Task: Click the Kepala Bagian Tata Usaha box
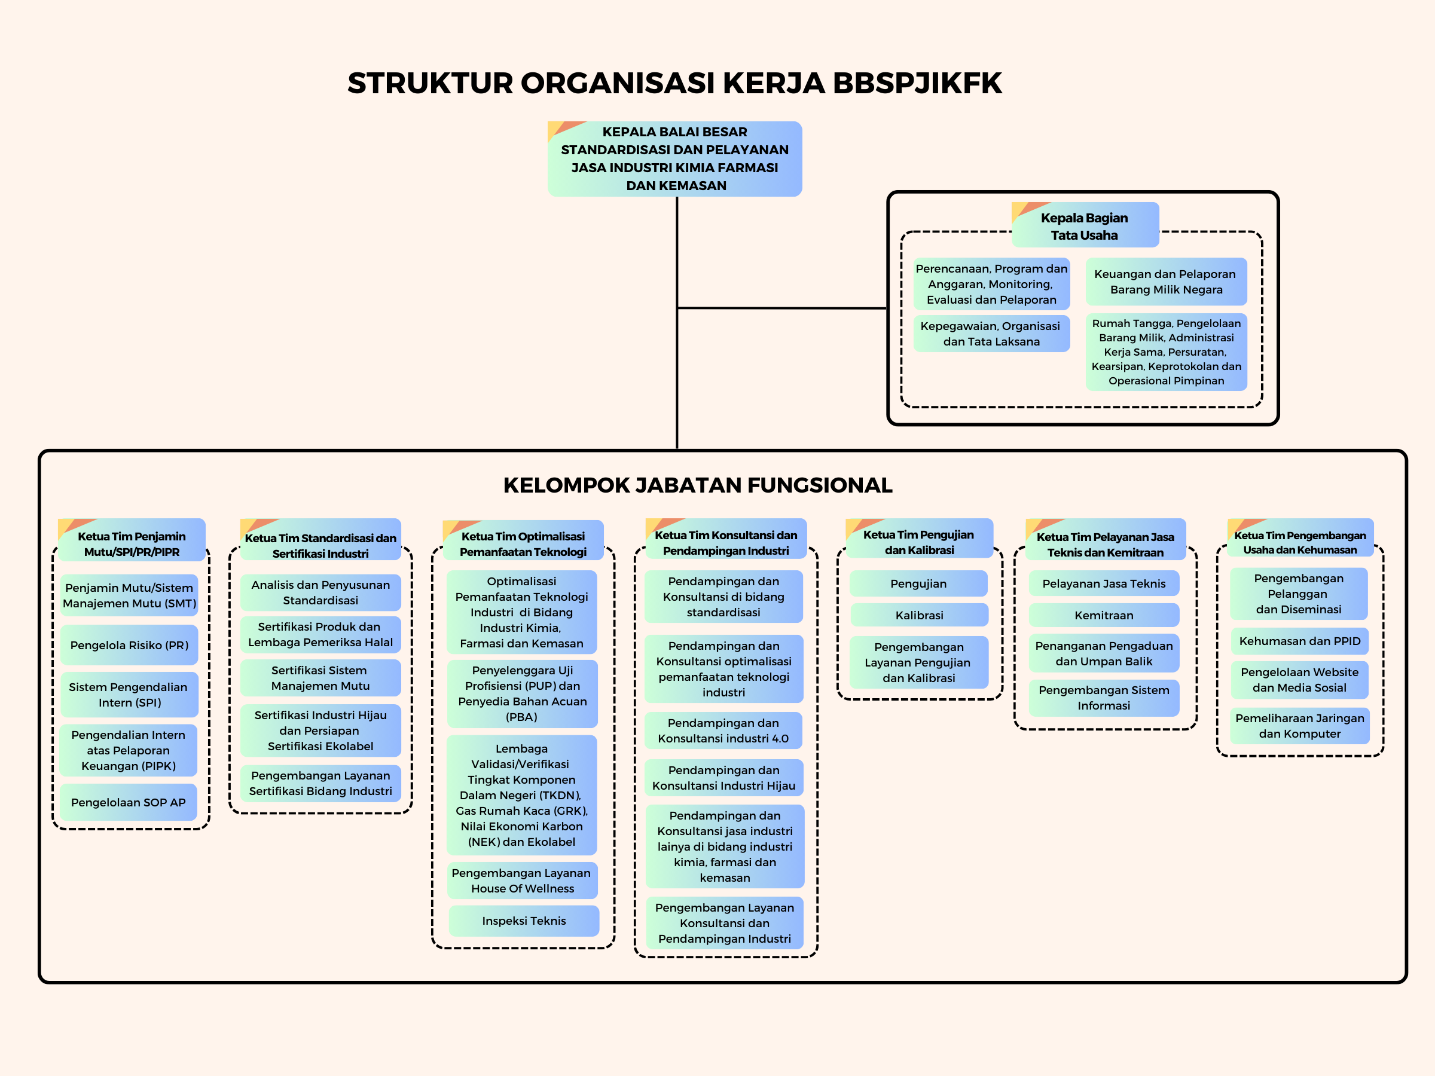pyautogui.click(x=1085, y=226)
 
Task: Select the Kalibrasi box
pyautogui.click(x=918, y=615)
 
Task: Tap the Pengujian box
pyautogui.click(x=918, y=583)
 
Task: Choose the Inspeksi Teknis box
pyautogui.click(x=524, y=921)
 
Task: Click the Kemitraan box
pyautogui.click(x=1104, y=615)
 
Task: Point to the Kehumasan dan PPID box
pyautogui.click(x=1299, y=641)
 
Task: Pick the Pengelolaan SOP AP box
pyautogui.click(x=129, y=802)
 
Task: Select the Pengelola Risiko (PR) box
pyautogui.click(x=129, y=644)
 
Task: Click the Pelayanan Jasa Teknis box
pyautogui.click(x=1104, y=583)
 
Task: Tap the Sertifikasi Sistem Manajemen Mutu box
pyautogui.click(x=320, y=678)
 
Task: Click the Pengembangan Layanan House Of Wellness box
pyautogui.click(x=521, y=880)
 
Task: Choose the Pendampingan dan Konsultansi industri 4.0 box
pyautogui.click(x=723, y=730)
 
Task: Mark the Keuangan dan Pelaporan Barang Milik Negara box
pyautogui.click(x=1166, y=282)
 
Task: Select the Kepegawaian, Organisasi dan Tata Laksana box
pyautogui.click(x=991, y=334)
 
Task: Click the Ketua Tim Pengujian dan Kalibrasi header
pyautogui.click(x=918, y=542)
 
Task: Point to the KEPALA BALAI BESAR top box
pyautogui.click(x=674, y=158)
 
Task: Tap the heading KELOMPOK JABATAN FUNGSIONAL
pyautogui.click(x=697, y=485)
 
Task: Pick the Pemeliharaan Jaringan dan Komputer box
pyautogui.click(x=1299, y=726)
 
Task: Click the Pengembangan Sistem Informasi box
pyautogui.click(x=1104, y=698)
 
